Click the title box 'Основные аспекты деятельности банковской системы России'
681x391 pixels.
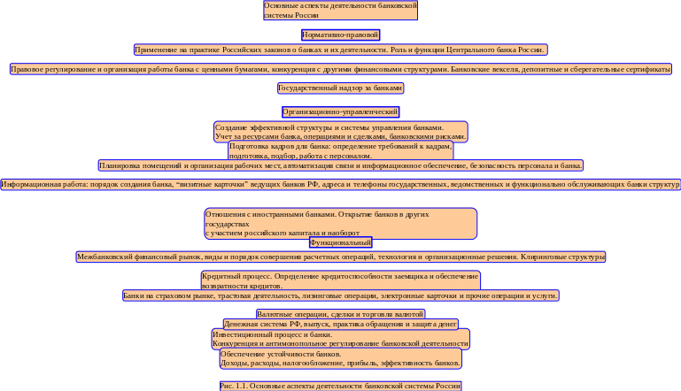[341, 11]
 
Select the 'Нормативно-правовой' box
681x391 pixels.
[340, 35]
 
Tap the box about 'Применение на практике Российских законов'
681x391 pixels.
[340, 50]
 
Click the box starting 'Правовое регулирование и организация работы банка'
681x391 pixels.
[341, 69]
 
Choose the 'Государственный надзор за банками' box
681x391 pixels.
[341, 88]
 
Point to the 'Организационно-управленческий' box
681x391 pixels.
[341, 112]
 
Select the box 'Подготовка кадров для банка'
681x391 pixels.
[341, 150]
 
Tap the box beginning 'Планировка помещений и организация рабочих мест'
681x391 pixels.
[341, 165]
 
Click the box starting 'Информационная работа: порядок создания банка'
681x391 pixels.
[341, 185]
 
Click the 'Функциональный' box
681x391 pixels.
[341, 242]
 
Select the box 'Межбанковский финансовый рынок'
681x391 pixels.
[341, 257]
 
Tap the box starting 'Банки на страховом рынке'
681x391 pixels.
[341, 295]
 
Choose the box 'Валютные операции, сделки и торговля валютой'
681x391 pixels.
[341, 314]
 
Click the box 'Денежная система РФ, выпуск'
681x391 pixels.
[341, 325]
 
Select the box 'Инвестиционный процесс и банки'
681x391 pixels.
[341, 338]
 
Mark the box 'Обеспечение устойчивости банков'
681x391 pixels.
[341, 358]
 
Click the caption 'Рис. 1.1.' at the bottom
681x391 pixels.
[341, 386]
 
